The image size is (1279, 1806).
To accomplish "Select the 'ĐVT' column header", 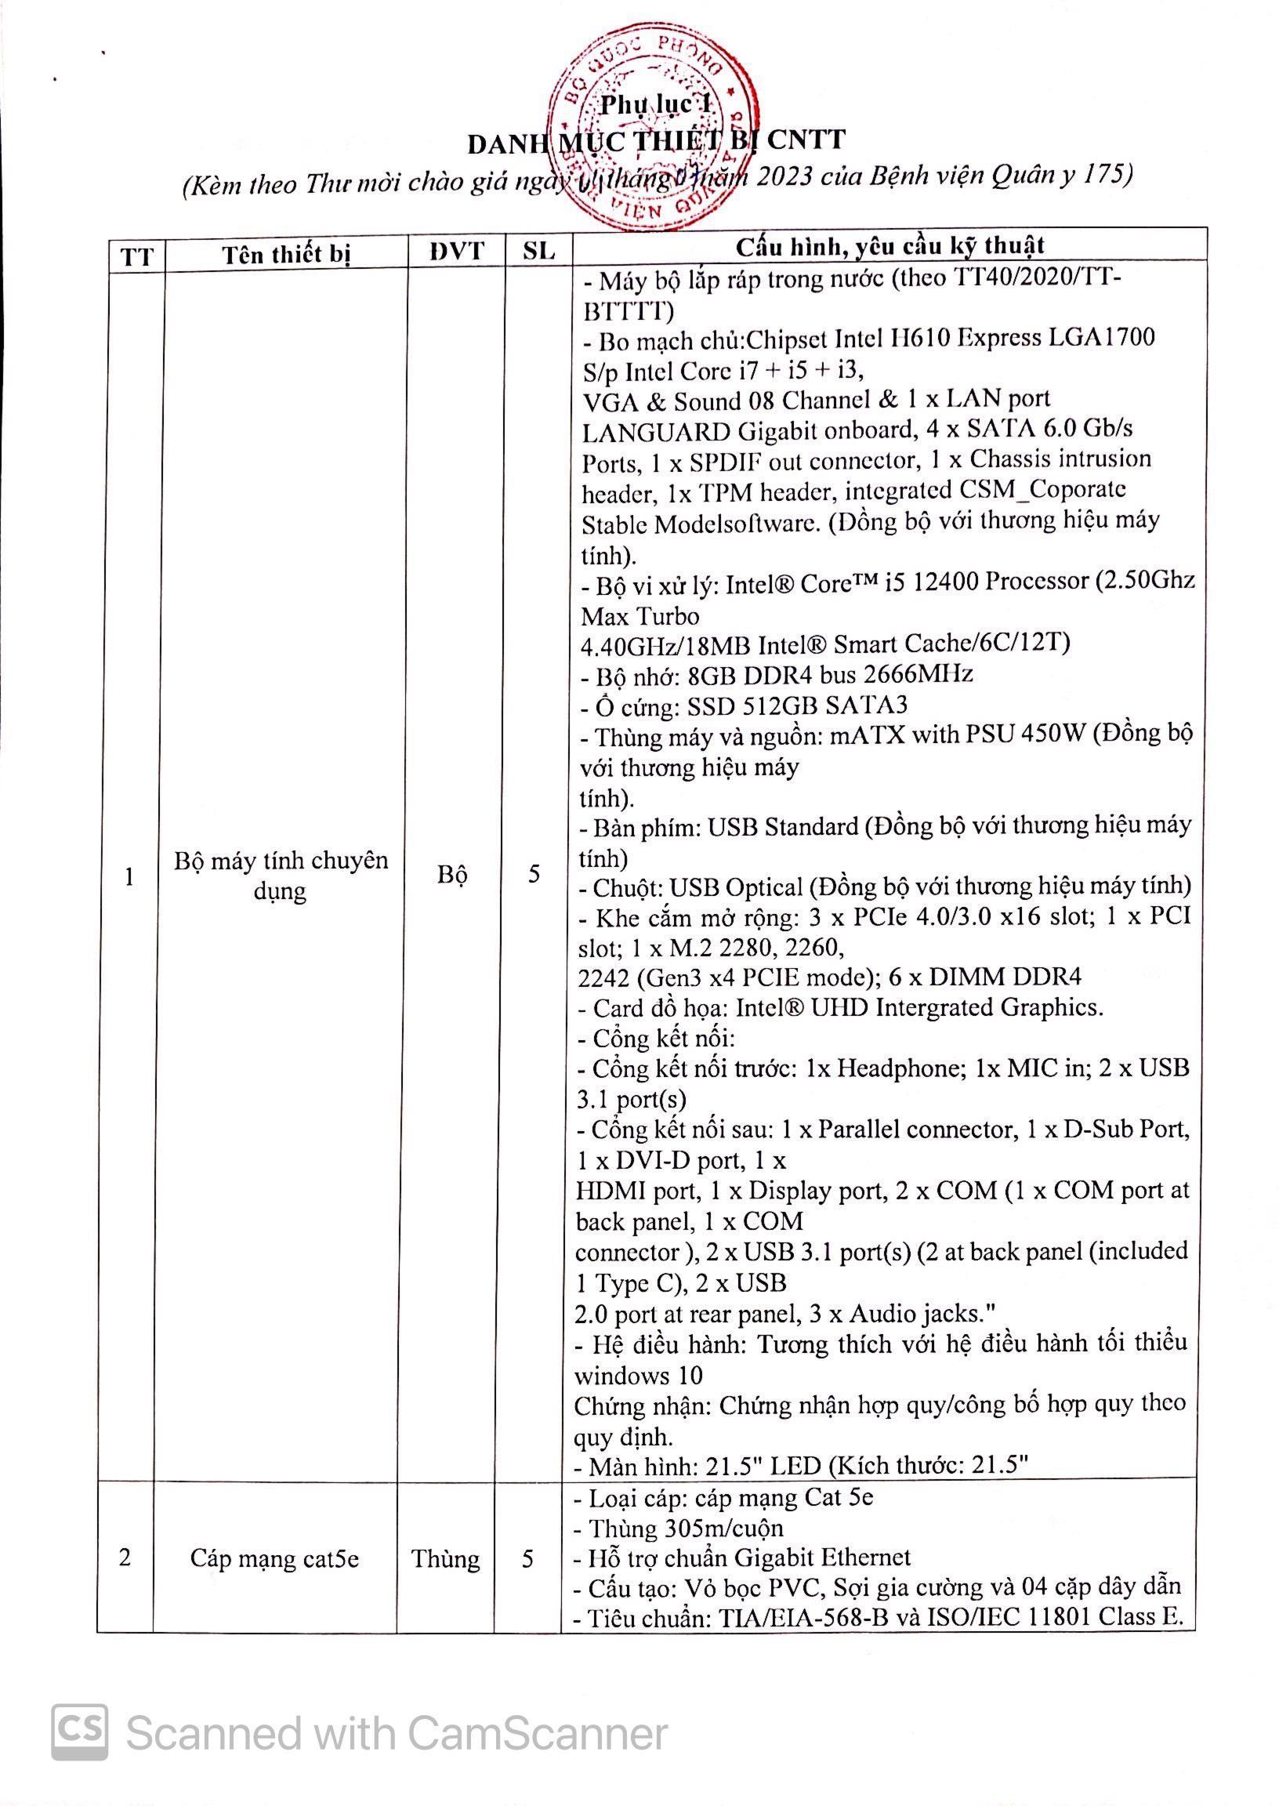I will coord(457,252).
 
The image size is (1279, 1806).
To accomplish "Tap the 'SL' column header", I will coord(538,252).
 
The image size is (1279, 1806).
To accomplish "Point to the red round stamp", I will coord(653,126).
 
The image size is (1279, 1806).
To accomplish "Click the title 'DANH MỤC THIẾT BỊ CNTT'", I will coord(656,143).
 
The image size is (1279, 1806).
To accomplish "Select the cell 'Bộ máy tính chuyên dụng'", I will coord(281,875).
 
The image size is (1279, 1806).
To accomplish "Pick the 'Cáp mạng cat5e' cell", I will coord(274,1558).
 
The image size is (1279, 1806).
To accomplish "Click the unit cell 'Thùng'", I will coord(446,1558).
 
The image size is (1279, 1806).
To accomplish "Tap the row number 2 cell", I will coord(125,1557).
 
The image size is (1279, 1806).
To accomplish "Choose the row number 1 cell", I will coord(129,876).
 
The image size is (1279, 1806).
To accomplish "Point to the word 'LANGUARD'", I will coord(656,433).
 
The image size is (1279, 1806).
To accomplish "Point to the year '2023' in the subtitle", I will coord(784,176).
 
